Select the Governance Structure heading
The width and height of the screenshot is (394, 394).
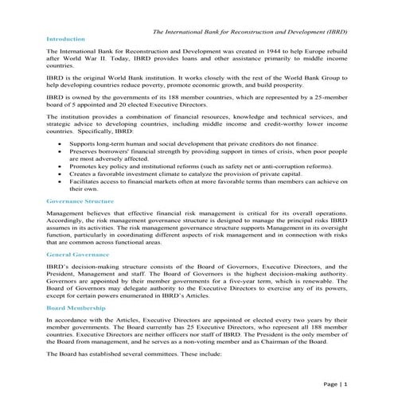80,202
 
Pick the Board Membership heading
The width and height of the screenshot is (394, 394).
76,306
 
